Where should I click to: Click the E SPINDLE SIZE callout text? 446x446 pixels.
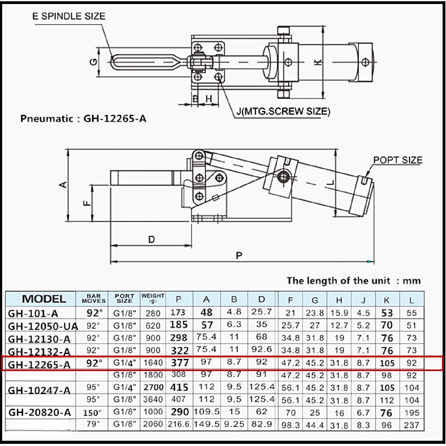click(x=69, y=16)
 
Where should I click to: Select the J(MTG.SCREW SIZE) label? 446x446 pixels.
click(x=283, y=111)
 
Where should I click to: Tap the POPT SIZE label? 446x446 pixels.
click(x=398, y=160)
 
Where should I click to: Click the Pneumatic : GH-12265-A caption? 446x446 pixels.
click(x=83, y=119)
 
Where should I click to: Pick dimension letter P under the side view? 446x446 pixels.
click(x=239, y=256)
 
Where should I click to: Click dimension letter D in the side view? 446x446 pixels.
click(x=151, y=239)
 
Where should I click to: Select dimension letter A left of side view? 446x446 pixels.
click(x=63, y=185)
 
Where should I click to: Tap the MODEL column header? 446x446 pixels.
click(x=44, y=299)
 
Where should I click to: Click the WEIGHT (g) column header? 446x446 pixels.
click(x=153, y=298)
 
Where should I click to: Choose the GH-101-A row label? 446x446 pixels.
click(x=33, y=313)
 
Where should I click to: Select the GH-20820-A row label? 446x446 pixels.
click(x=40, y=413)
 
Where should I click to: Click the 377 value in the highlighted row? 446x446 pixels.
click(x=180, y=363)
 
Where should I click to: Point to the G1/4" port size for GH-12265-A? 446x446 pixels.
click(x=125, y=363)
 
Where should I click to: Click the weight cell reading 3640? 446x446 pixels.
click(x=153, y=400)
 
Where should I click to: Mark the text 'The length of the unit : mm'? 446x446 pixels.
click(x=353, y=281)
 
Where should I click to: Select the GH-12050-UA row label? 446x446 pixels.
click(x=43, y=326)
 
